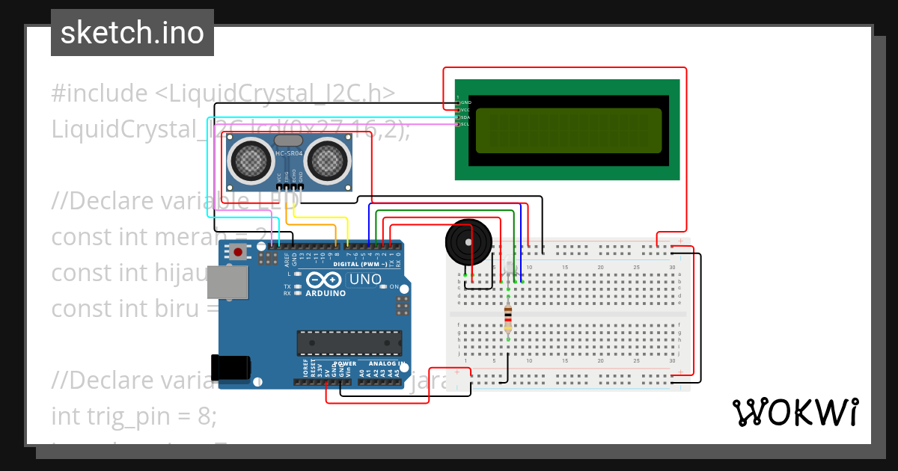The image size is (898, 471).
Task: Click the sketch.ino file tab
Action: tap(132, 33)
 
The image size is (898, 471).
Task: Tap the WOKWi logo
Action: tap(795, 412)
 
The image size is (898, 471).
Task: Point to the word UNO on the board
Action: tap(365, 280)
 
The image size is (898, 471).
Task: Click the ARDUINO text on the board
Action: tap(326, 293)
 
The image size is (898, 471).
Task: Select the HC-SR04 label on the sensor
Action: tap(288, 154)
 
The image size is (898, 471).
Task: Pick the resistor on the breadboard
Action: tap(508, 318)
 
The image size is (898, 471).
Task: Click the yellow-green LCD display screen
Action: tap(568, 131)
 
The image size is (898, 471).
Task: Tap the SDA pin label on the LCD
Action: tap(465, 117)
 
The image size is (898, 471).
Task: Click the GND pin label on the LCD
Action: tap(465, 102)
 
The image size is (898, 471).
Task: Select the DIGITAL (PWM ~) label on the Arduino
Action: tap(359, 265)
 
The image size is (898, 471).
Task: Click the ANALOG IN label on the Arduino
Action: tap(382, 363)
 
